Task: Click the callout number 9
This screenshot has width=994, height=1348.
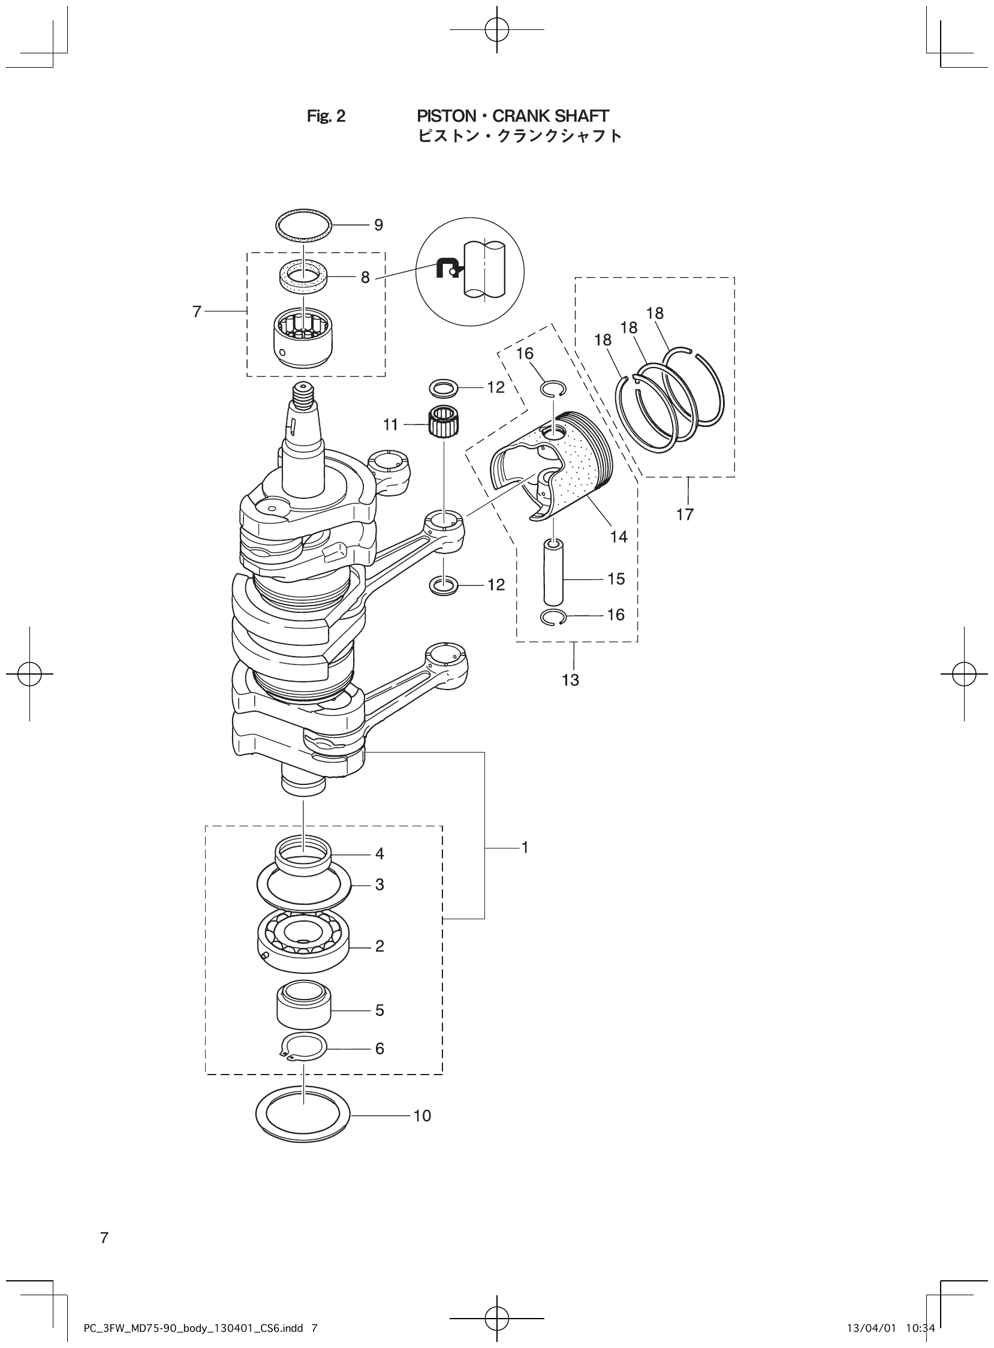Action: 378,225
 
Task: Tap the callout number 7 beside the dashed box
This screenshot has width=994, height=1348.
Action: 197,312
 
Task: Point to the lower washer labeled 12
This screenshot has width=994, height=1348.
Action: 443,584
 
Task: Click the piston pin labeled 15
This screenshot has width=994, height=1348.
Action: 553,571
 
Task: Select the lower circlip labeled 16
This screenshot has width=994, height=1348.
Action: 553,618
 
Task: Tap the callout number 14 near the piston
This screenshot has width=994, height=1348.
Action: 619,537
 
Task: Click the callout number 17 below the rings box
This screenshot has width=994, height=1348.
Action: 685,514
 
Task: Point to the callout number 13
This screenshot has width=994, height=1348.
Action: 570,680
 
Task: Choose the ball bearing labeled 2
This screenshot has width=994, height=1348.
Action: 303,944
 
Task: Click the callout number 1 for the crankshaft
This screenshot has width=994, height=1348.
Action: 525,847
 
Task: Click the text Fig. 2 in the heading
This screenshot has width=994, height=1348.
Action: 326,116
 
